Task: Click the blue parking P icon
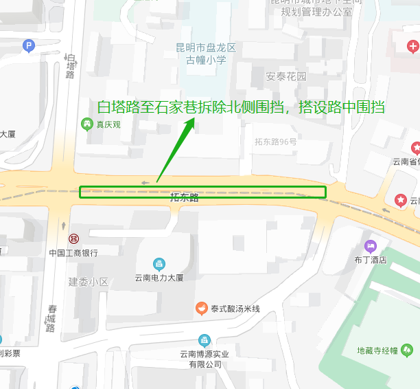click(x=28, y=47)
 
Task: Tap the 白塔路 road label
click(x=71, y=66)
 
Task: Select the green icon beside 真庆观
click(x=87, y=124)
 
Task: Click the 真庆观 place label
click(x=108, y=124)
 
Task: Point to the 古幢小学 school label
click(x=206, y=54)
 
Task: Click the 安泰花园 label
click(x=285, y=76)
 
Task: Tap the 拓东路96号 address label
click(x=276, y=142)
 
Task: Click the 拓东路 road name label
click(x=185, y=198)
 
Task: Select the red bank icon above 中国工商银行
click(x=73, y=238)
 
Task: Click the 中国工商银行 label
click(x=73, y=252)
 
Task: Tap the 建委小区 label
click(x=89, y=282)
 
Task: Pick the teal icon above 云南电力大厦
click(x=159, y=264)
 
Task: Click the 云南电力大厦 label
click(x=159, y=278)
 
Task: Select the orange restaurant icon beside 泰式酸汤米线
click(x=201, y=309)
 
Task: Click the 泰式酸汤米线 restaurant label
click(x=235, y=309)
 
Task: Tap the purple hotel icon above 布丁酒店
click(x=371, y=246)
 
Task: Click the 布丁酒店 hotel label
click(x=371, y=260)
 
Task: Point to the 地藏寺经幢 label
click(x=377, y=351)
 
